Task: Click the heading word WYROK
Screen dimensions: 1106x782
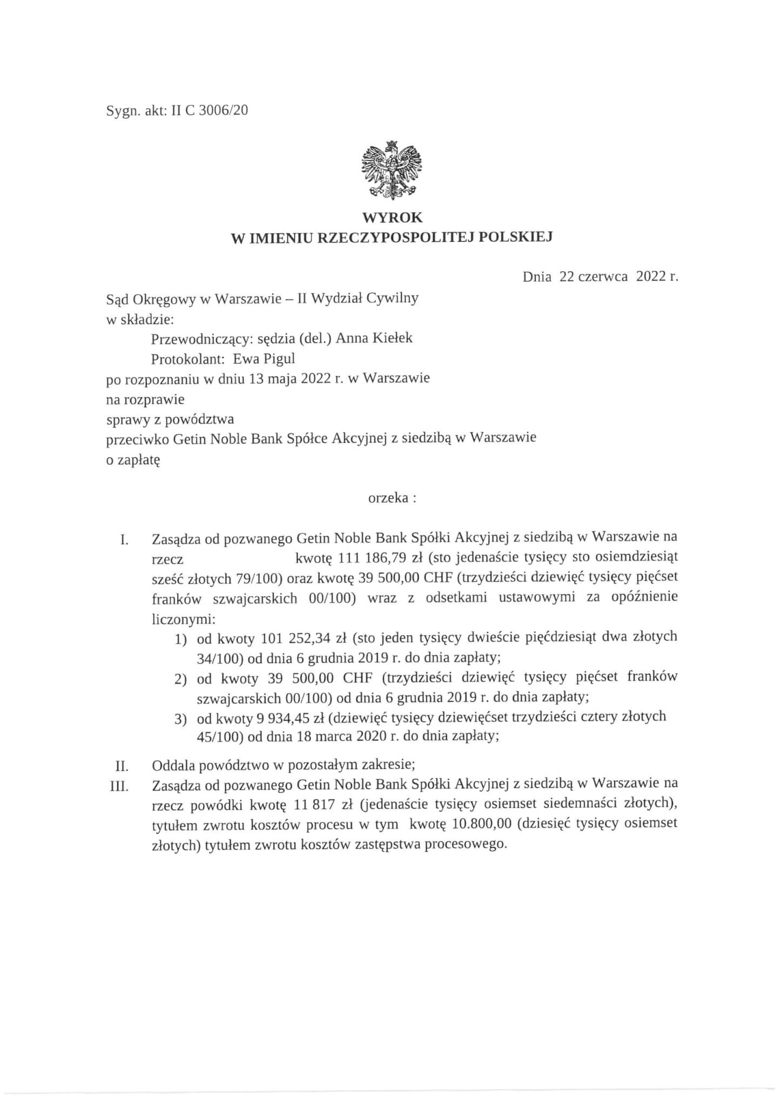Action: (392, 218)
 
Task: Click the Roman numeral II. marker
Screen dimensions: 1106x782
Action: (122, 766)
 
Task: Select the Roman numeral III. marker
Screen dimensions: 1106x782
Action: (119, 786)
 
